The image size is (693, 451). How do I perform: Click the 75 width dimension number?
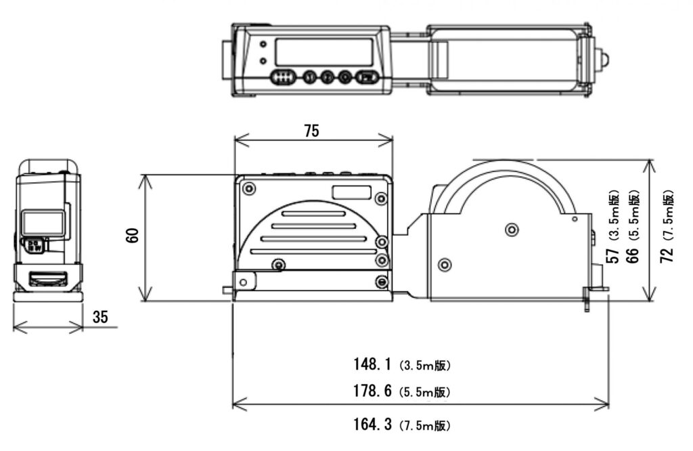[x=311, y=131]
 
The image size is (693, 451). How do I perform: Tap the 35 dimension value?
[x=100, y=318]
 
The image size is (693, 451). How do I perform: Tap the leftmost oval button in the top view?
[x=282, y=77]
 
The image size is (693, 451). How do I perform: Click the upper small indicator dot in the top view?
[x=263, y=46]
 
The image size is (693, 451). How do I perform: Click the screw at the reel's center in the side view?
[x=510, y=229]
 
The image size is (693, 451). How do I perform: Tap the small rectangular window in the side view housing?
[x=351, y=192]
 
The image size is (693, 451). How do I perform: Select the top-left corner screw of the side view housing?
[x=250, y=188]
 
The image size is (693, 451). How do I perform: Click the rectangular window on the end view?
[x=43, y=222]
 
